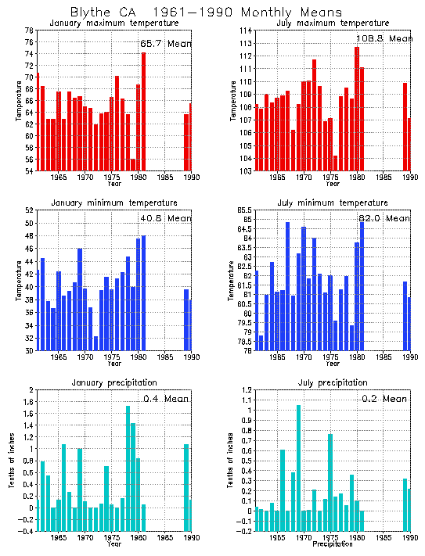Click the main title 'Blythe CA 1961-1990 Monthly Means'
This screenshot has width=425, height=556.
point(206,13)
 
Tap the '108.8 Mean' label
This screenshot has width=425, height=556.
point(384,38)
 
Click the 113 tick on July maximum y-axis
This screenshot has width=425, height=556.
point(243,30)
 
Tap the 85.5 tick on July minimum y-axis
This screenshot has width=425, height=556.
point(242,210)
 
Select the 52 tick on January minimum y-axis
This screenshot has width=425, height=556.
point(29,210)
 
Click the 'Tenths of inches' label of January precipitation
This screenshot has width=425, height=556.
point(12,461)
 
